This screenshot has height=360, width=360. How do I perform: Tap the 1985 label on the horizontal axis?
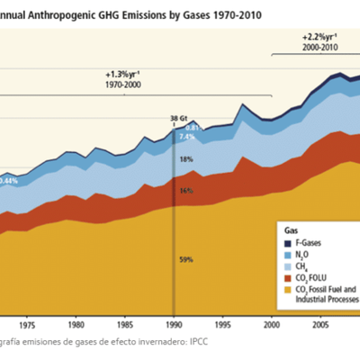click(x=125, y=326)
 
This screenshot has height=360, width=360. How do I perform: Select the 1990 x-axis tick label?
click(x=174, y=326)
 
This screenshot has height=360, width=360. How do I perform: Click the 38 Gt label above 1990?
click(x=178, y=118)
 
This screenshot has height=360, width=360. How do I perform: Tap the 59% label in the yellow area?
click(x=186, y=260)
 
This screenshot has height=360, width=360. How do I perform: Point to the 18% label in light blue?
click(x=186, y=159)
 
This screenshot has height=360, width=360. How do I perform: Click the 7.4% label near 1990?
click(x=187, y=137)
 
